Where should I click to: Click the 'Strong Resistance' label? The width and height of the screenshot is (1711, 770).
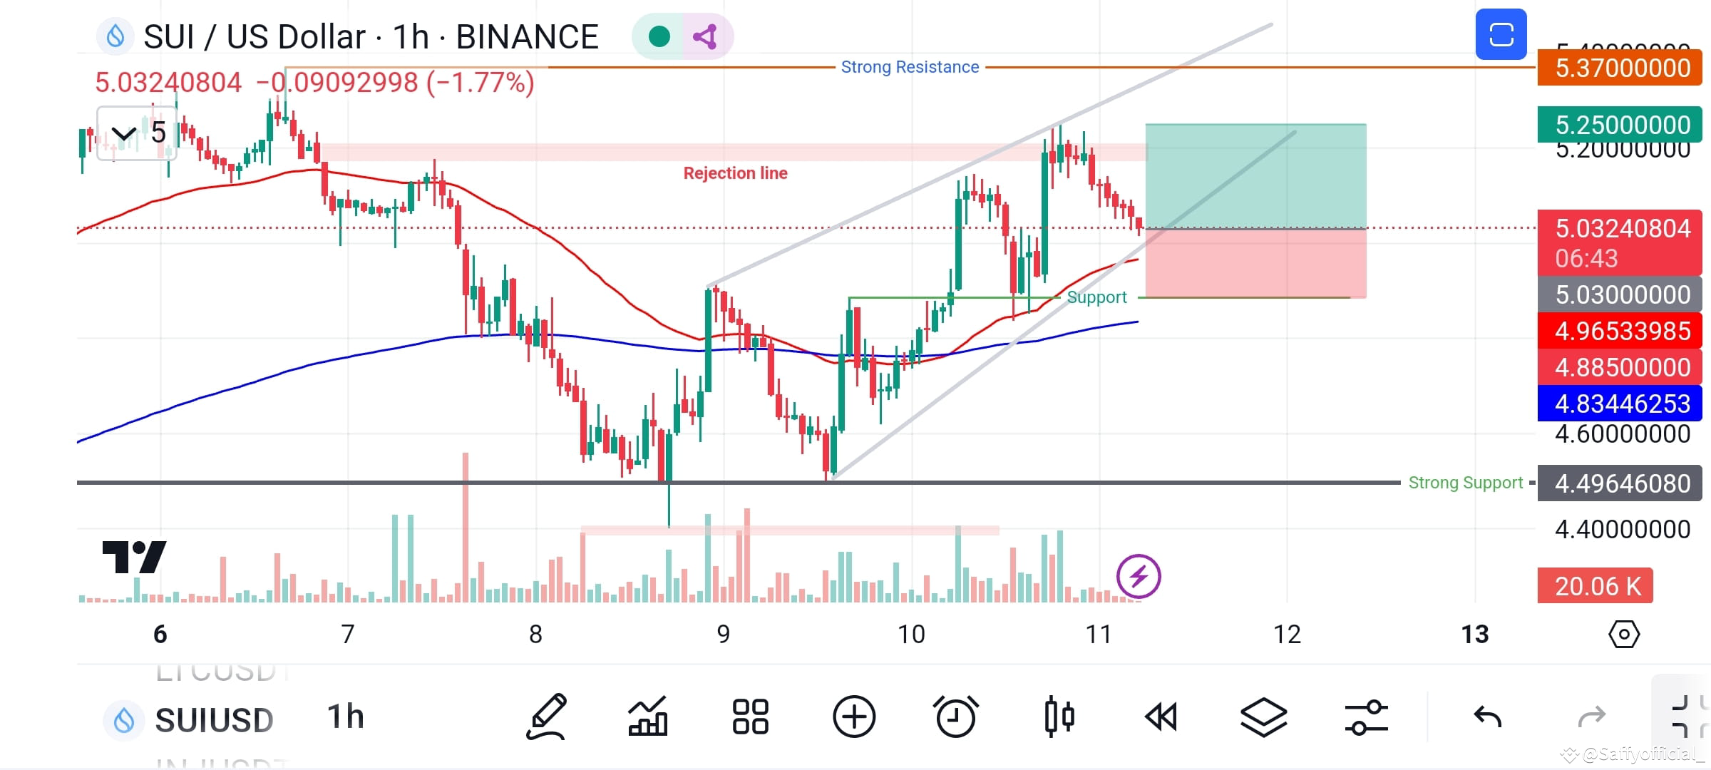(x=910, y=67)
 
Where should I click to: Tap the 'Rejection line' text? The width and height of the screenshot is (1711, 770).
(x=735, y=173)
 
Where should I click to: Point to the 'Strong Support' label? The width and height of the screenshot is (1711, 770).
(x=1465, y=483)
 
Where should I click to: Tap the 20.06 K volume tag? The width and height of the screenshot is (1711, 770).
(x=1595, y=586)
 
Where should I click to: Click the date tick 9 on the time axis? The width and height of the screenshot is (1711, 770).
(x=723, y=634)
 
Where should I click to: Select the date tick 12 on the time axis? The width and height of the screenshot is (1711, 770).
(x=1287, y=634)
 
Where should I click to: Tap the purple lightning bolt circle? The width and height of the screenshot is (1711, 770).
(x=1139, y=576)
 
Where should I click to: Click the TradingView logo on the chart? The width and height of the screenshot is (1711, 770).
(x=134, y=557)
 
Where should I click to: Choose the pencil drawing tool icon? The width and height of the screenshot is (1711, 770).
(x=546, y=716)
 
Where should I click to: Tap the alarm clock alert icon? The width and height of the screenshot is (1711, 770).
(x=955, y=716)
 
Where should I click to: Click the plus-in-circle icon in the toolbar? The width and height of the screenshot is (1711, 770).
(x=853, y=716)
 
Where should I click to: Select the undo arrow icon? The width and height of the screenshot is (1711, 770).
(x=1488, y=716)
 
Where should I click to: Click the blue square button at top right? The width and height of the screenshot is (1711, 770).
(x=1501, y=34)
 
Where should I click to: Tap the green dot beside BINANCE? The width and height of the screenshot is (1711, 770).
(x=659, y=36)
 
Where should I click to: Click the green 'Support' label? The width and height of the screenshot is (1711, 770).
(x=1096, y=297)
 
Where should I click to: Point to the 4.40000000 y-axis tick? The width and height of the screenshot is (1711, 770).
(x=1622, y=529)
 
